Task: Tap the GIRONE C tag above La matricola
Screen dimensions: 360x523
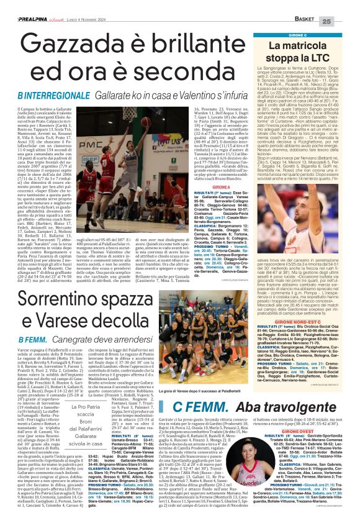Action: click(297, 35)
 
